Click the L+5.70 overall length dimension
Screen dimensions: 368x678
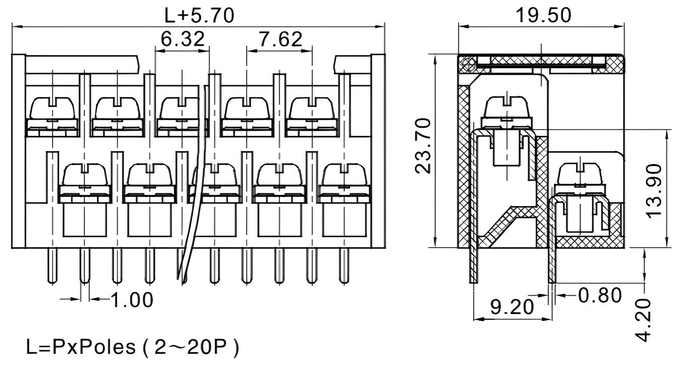200,15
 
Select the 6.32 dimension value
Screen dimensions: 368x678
182,39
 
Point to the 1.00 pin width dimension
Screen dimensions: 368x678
131,300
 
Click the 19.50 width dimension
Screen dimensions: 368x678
543,15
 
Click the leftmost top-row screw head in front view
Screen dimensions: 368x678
53,108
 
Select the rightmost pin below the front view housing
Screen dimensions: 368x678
345,266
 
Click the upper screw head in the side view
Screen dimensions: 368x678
505,107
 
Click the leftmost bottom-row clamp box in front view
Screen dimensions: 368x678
84,220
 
